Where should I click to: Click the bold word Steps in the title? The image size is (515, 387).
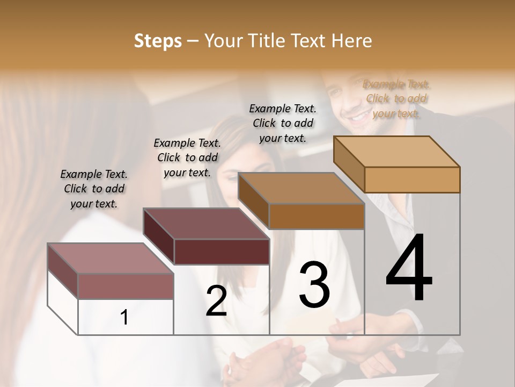coord(158,41)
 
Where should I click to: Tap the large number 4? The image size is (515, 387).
coord(409,269)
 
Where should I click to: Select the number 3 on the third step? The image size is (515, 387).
coord(314,285)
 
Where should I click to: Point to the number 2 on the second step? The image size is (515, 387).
coord(216,302)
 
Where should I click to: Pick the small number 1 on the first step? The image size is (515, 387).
coord(124,318)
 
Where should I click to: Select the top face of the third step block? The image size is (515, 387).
coord(301,188)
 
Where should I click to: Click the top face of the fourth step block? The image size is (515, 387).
coord(396,152)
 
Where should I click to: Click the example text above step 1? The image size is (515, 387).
coord(94,189)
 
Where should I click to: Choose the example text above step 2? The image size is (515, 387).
coord(187,157)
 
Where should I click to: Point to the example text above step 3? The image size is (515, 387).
coord(283,123)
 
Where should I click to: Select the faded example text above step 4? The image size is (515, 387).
coord(396,98)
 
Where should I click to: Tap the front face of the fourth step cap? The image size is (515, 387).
coord(412,180)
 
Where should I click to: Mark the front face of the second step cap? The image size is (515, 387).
coord(222,252)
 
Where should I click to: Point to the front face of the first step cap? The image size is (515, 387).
coord(126,286)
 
